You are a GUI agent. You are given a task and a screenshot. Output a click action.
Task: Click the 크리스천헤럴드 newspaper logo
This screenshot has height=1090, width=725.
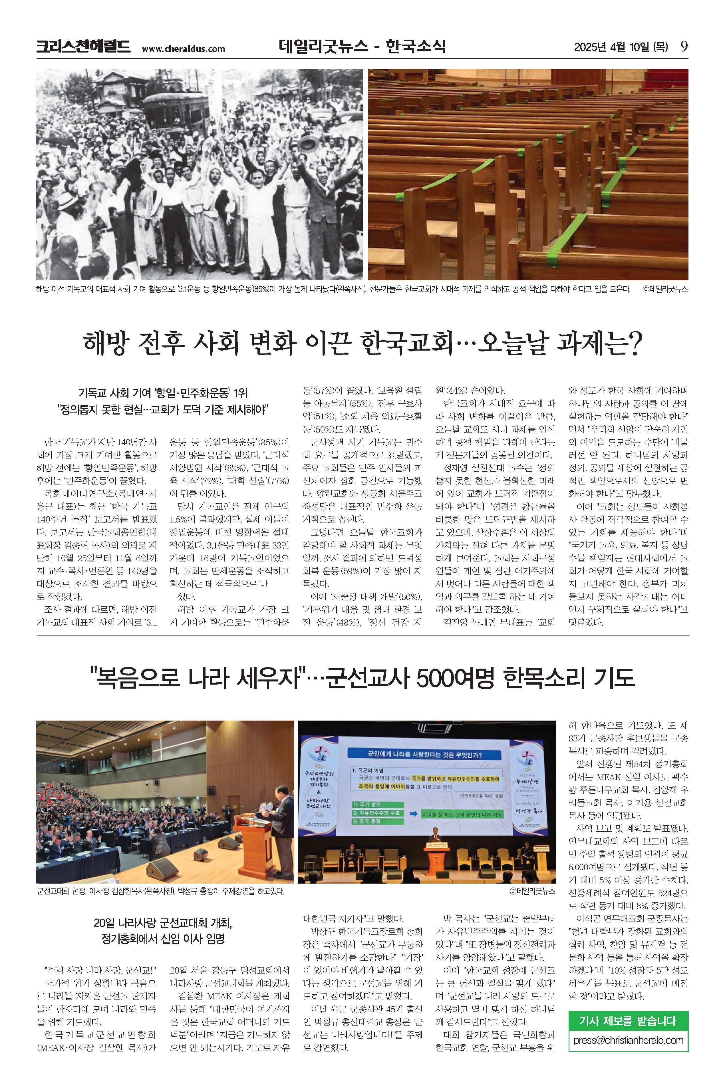83,47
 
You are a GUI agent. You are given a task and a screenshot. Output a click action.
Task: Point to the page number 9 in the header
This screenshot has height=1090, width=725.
684,47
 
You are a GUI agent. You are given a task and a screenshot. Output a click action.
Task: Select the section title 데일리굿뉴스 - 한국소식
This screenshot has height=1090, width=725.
362,47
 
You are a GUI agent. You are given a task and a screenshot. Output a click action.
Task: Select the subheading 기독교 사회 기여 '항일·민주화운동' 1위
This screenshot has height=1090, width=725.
163,393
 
